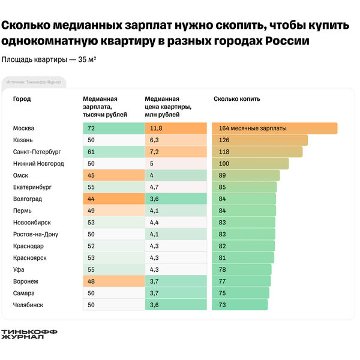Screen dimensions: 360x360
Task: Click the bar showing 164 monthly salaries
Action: point(274,128)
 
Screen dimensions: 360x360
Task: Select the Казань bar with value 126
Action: point(259,140)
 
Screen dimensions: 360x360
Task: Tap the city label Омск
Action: point(20,175)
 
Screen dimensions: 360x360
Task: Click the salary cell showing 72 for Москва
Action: point(113,128)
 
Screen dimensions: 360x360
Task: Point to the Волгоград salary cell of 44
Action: point(113,199)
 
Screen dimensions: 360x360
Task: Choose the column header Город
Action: point(22,99)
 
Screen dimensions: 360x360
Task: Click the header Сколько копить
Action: point(237,99)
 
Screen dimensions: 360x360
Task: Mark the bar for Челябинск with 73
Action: point(239,305)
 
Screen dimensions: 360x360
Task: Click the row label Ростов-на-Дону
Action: point(35,234)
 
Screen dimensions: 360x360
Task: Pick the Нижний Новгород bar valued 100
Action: point(250,163)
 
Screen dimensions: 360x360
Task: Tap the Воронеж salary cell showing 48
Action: point(113,281)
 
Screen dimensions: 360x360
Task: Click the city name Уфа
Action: point(19,269)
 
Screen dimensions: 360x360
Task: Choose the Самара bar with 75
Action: point(240,293)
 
